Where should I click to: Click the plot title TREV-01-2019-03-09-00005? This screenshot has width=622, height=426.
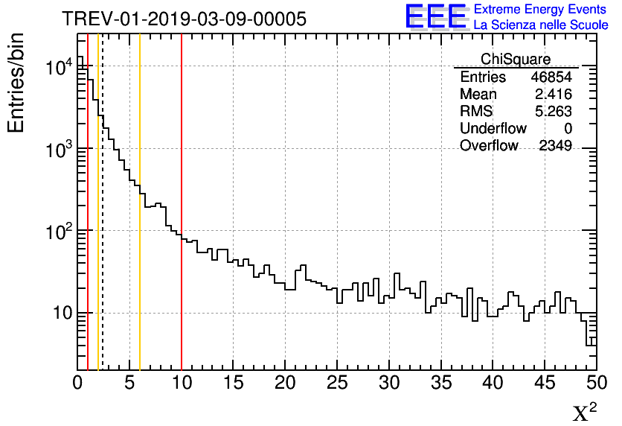[184, 19]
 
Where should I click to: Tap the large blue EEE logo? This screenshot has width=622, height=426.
[436, 16]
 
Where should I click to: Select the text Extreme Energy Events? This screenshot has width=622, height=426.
[541, 10]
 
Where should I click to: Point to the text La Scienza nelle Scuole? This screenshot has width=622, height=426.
[541, 25]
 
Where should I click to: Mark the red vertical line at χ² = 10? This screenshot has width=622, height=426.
[182, 223]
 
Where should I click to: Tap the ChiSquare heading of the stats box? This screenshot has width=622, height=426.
[516, 59]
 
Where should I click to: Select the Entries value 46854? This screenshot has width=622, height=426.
[551, 77]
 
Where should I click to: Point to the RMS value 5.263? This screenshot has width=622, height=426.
[553, 112]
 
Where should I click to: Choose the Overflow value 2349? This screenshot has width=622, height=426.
[555, 146]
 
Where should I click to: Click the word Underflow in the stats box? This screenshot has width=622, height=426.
[493, 129]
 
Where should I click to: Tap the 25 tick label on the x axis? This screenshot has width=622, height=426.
[337, 383]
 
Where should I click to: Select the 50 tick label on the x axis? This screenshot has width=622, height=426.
[595, 383]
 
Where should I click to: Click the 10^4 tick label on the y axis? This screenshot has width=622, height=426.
[59, 68]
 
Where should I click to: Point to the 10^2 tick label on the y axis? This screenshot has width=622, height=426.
[59, 232]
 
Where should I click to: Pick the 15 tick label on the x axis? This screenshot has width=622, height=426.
[234, 383]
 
